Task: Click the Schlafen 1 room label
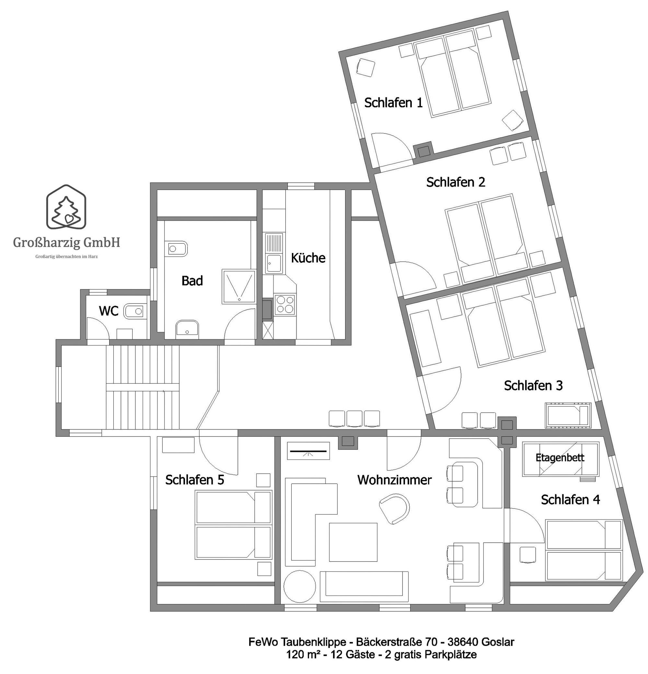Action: coord(393,103)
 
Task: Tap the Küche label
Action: coord(308,258)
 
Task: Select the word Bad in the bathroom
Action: coord(192,281)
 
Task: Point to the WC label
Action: coord(109,311)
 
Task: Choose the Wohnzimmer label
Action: coord(394,480)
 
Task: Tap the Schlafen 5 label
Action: coord(194,480)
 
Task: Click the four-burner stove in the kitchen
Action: coord(285,305)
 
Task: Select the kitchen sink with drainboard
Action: coord(274,253)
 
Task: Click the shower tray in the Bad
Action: coord(239,287)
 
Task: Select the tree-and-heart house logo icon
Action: coord(66,207)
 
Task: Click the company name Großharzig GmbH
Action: coord(67,242)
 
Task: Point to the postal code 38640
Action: coord(461,642)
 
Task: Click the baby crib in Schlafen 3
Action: coord(568,415)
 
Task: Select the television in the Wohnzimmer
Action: coord(308,451)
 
